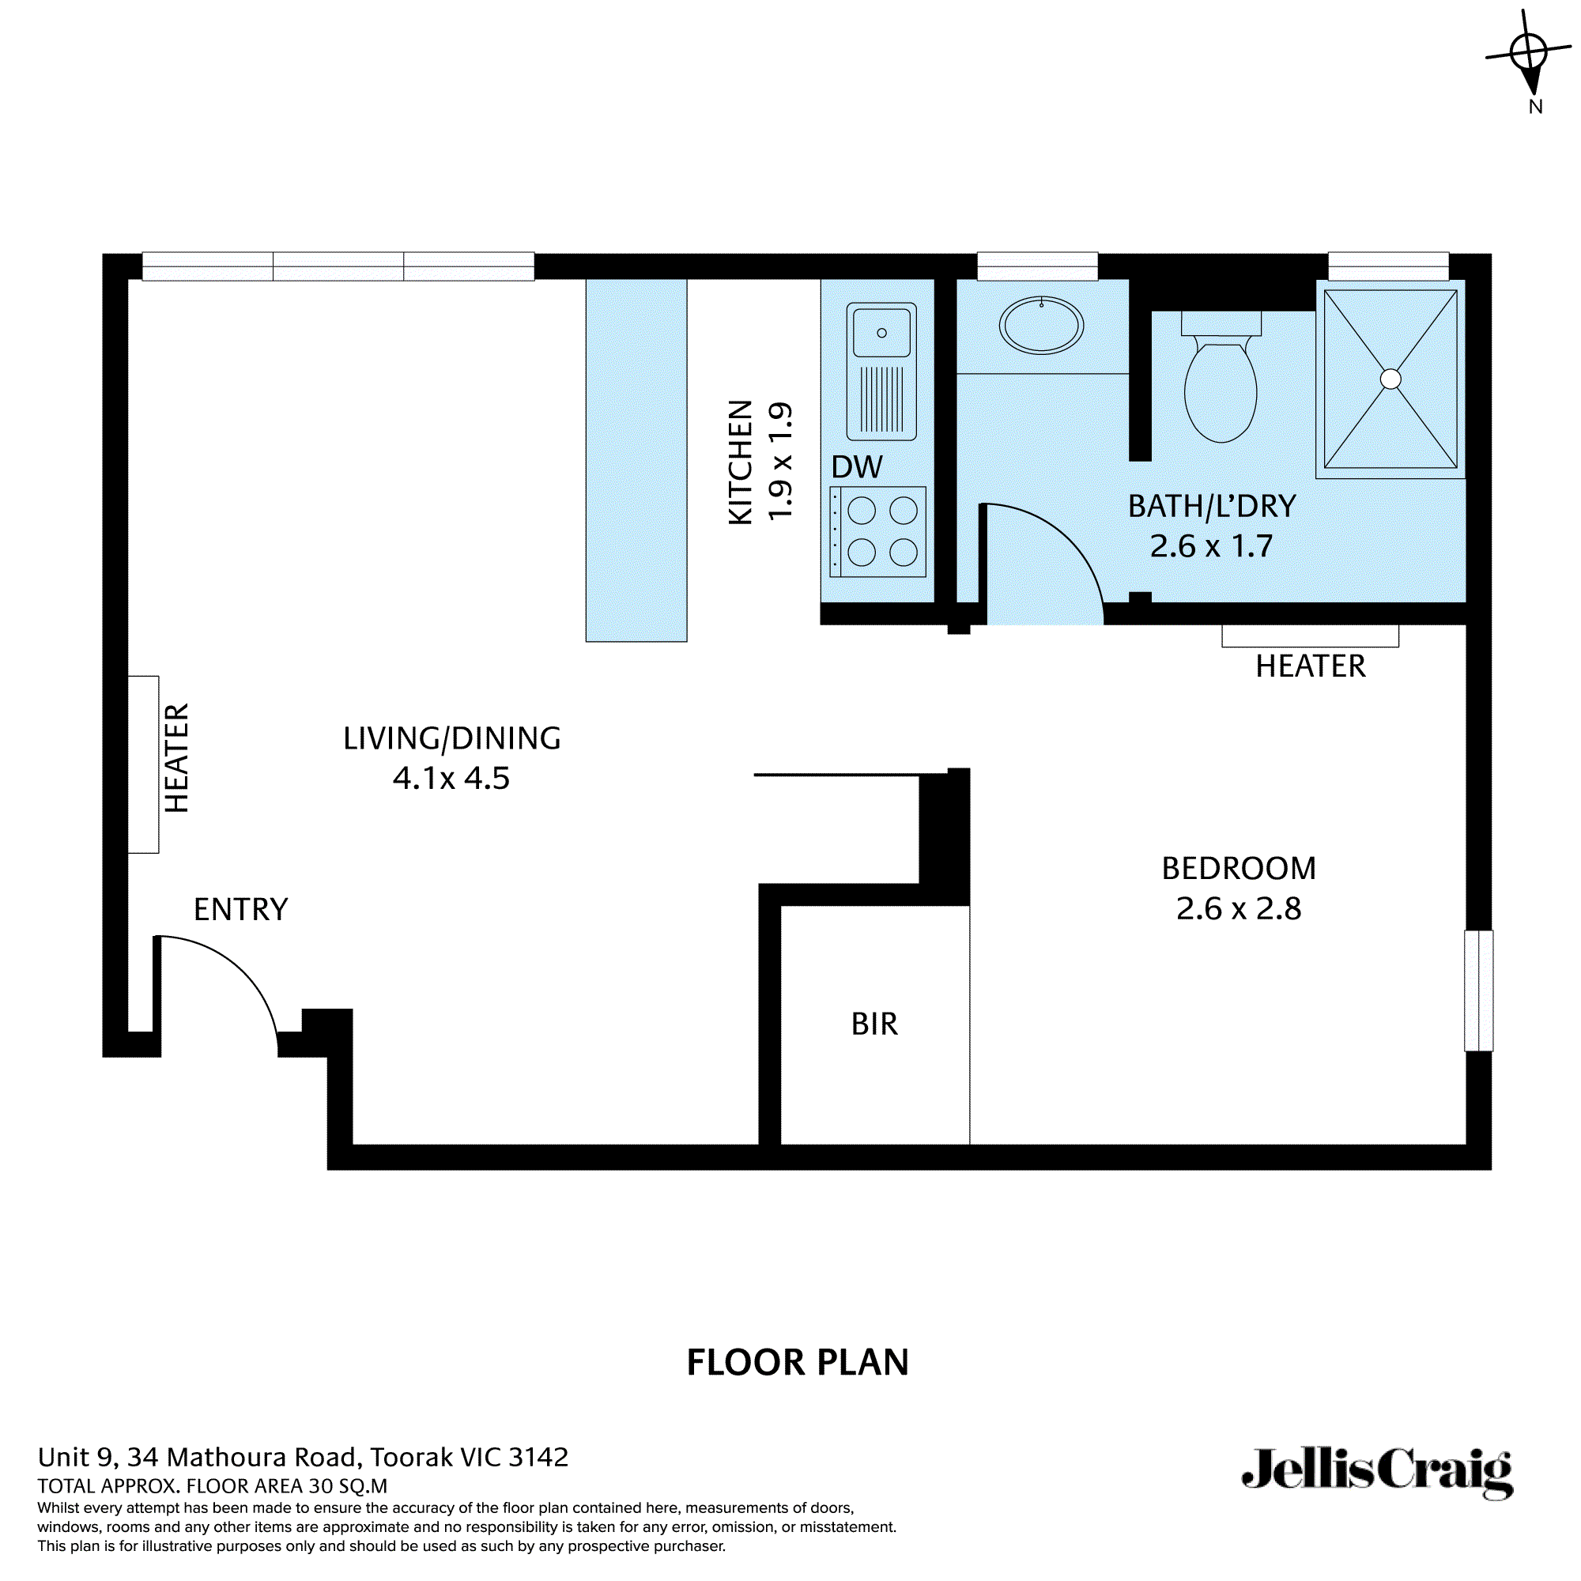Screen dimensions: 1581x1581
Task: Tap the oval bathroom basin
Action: (1041, 326)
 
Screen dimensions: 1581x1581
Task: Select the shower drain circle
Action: (1390, 379)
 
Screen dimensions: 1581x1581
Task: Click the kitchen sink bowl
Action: (881, 332)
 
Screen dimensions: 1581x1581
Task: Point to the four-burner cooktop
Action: (878, 532)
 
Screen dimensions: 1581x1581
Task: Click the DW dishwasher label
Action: (857, 467)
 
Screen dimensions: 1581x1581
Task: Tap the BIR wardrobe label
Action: (874, 1024)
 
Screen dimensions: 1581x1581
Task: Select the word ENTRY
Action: (240, 909)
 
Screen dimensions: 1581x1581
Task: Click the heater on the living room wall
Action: (143, 764)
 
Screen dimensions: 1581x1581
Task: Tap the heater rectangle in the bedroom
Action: (1309, 636)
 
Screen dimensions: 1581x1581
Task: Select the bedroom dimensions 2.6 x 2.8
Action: (1238, 908)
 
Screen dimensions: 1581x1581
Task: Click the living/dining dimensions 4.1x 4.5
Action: (451, 777)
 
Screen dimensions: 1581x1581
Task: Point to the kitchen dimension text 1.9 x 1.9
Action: (780, 461)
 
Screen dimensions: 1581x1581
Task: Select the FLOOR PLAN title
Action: (797, 1363)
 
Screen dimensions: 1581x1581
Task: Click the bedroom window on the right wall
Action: (1479, 990)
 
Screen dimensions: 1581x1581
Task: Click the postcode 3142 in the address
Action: (538, 1457)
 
